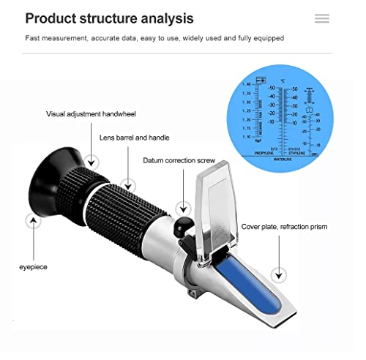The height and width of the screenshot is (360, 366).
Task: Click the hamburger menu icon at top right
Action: coord(321,18)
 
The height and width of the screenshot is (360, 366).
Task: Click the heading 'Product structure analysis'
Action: coord(110,18)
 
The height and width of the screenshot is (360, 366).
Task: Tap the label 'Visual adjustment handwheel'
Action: coord(91,114)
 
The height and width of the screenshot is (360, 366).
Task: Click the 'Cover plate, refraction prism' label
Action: coord(284,227)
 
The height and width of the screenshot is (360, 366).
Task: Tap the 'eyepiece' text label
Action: coord(33,267)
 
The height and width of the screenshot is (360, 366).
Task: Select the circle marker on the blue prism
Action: coord(277,275)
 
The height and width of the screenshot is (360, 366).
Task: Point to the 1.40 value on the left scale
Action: coord(248,84)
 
